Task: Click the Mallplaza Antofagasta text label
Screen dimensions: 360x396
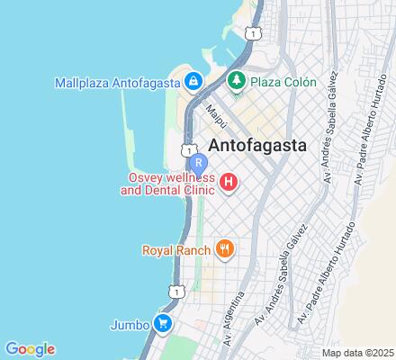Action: tap(116, 82)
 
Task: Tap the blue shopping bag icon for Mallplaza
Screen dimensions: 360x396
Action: tap(193, 82)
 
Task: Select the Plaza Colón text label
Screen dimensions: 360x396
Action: tap(283, 82)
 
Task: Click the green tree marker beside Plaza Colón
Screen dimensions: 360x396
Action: tap(238, 82)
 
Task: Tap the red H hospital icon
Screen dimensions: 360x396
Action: tap(229, 184)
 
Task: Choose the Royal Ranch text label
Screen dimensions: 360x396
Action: tap(175, 248)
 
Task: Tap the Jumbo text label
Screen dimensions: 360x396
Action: tap(130, 324)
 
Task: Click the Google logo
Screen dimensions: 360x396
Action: tap(29, 349)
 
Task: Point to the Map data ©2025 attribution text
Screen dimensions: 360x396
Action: tap(357, 352)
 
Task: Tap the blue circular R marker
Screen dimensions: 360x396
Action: tap(199, 164)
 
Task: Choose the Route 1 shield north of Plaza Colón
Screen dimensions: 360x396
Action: tap(256, 32)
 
